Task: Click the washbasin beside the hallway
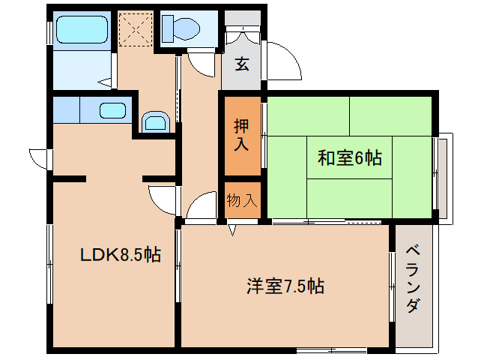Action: pos(155,121)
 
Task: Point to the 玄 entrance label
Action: pos(241,64)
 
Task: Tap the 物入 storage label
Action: pos(241,200)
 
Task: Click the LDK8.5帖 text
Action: pos(120,255)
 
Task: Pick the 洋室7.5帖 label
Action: pos(285,286)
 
